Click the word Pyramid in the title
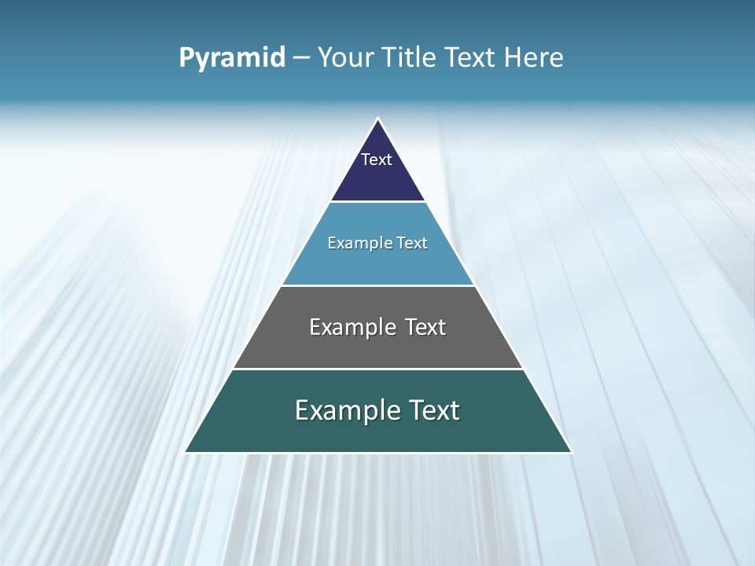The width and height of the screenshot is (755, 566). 232,58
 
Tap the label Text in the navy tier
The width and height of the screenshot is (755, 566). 377,160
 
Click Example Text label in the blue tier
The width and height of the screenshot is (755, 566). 377,243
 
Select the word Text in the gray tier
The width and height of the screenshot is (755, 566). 425,327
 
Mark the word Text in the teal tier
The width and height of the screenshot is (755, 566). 434,410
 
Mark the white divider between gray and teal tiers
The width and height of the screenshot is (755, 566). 377,369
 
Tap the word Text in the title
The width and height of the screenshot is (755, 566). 470,58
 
